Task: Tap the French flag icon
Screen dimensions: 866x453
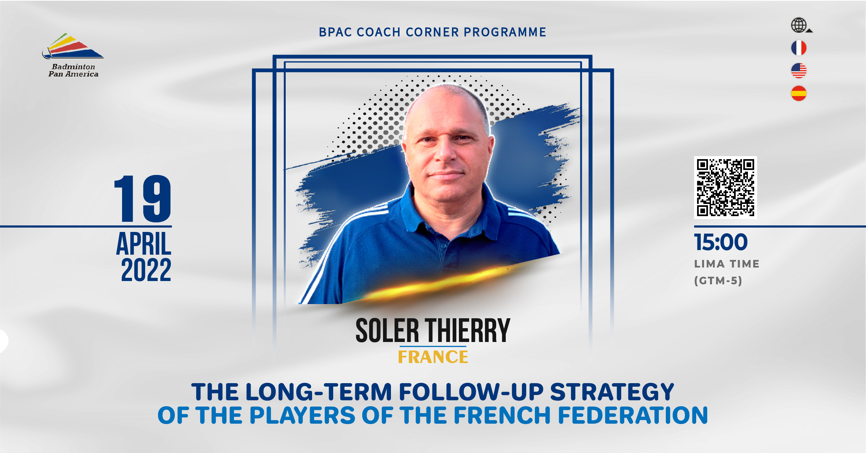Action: point(799,48)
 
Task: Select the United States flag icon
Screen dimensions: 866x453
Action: point(799,71)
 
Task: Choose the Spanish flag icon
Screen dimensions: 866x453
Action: point(799,93)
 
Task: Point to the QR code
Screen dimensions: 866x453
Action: point(725,187)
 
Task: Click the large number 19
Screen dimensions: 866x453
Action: point(143,198)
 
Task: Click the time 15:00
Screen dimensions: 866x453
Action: point(721,242)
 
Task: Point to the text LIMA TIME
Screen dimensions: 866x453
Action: point(727,264)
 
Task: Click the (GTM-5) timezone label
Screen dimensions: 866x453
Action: point(718,280)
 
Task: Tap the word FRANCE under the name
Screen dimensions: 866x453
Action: point(433,357)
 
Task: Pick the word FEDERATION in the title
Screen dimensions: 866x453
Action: point(633,415)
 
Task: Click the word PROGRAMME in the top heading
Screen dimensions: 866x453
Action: point(505,32)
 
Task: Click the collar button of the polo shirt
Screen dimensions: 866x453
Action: point(444,246)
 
